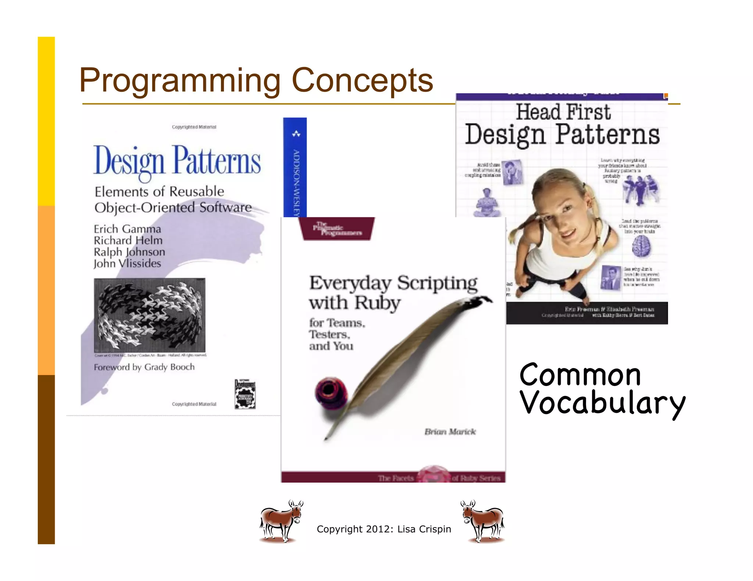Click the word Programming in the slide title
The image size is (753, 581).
coord(180,81)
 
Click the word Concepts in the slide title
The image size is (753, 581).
coord(362,81)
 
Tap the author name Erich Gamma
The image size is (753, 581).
coord(127,229)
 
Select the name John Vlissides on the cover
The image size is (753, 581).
coord(127,263)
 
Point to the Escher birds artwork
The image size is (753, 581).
coord(150,315)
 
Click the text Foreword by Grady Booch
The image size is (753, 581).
coord(144,367)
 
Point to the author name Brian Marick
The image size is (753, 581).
coord(450,432)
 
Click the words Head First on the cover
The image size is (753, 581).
coord(563,112)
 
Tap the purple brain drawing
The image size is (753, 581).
coord(641,246)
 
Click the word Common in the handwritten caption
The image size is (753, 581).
coord(580,375)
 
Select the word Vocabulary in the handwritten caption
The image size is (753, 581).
coord(602,403)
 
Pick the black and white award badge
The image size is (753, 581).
coord(245,394)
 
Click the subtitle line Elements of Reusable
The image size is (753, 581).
coord(159,191)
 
